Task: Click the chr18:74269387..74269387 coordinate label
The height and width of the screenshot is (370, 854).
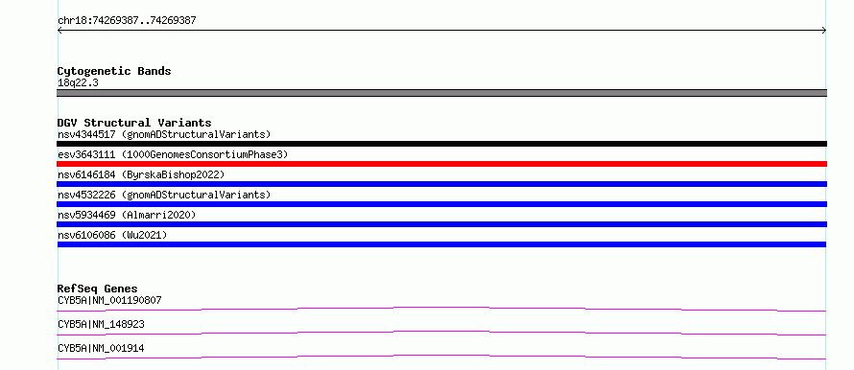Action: (x=127, y=21)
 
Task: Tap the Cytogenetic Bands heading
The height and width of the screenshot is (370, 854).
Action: (x=114, y=71)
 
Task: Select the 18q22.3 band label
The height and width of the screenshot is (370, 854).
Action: (x=78, y=83)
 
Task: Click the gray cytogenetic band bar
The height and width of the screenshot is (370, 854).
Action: (x=441, y=93)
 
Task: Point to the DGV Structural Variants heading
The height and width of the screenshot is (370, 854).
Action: (x=134, y=123)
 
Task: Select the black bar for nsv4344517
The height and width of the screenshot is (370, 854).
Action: (x=441, y=144)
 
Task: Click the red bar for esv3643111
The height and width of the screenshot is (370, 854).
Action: (x=441, y=164)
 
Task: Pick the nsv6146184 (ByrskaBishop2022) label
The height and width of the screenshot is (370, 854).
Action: (x=141, y=174)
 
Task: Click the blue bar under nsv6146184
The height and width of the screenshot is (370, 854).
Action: (x=441, y=184)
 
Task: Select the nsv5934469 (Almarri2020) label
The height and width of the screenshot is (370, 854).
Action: (x=127, y=215)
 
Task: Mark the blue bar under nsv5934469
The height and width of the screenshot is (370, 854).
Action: (x=441, y=224)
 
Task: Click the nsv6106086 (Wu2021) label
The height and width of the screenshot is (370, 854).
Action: (x=112, y=235)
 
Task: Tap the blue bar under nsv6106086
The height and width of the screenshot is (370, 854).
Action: (x=441, y=244)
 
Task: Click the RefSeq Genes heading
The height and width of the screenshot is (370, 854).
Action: (x=98, y=289)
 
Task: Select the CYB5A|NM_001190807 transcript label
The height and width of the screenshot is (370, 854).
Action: (x=109, y=300)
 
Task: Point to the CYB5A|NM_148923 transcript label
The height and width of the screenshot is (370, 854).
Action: (x=101, y=324)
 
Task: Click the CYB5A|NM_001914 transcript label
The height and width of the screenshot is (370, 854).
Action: (x=101, y=348)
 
